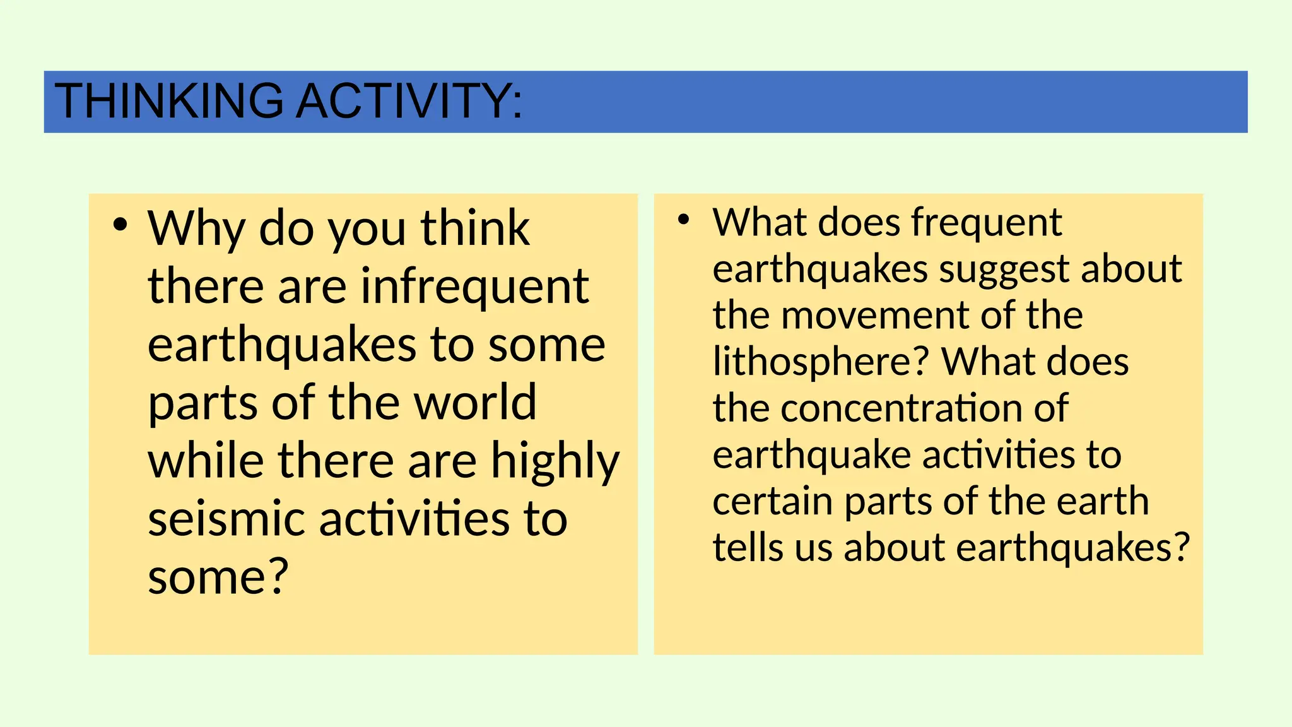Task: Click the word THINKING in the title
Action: click(x=169, y=101)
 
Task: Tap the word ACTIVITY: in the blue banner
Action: click(x=409, y=101)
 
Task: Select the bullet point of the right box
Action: click(x=683, y=220)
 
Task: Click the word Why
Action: click(x=196, y=228)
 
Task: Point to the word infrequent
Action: click(x=474, y=287)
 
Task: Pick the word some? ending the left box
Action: click(x=218, y=577)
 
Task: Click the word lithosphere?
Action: click(x=821, y=362)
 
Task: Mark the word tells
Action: click(x=748, y=547)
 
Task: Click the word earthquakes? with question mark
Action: click(x=1072, y=548)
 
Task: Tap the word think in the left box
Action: click(x=475, y=228)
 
